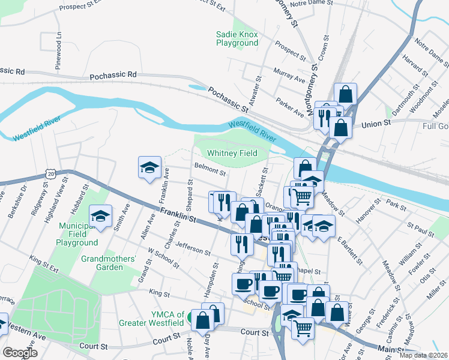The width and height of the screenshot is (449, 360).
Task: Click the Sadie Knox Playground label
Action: pos(237,38)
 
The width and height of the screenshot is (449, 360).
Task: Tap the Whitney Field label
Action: pos(232,154)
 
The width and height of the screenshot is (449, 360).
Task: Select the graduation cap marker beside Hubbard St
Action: pos(101,217)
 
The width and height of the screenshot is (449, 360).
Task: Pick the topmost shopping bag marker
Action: pos(345,94)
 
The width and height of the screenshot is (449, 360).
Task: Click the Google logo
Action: pos(20,352)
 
